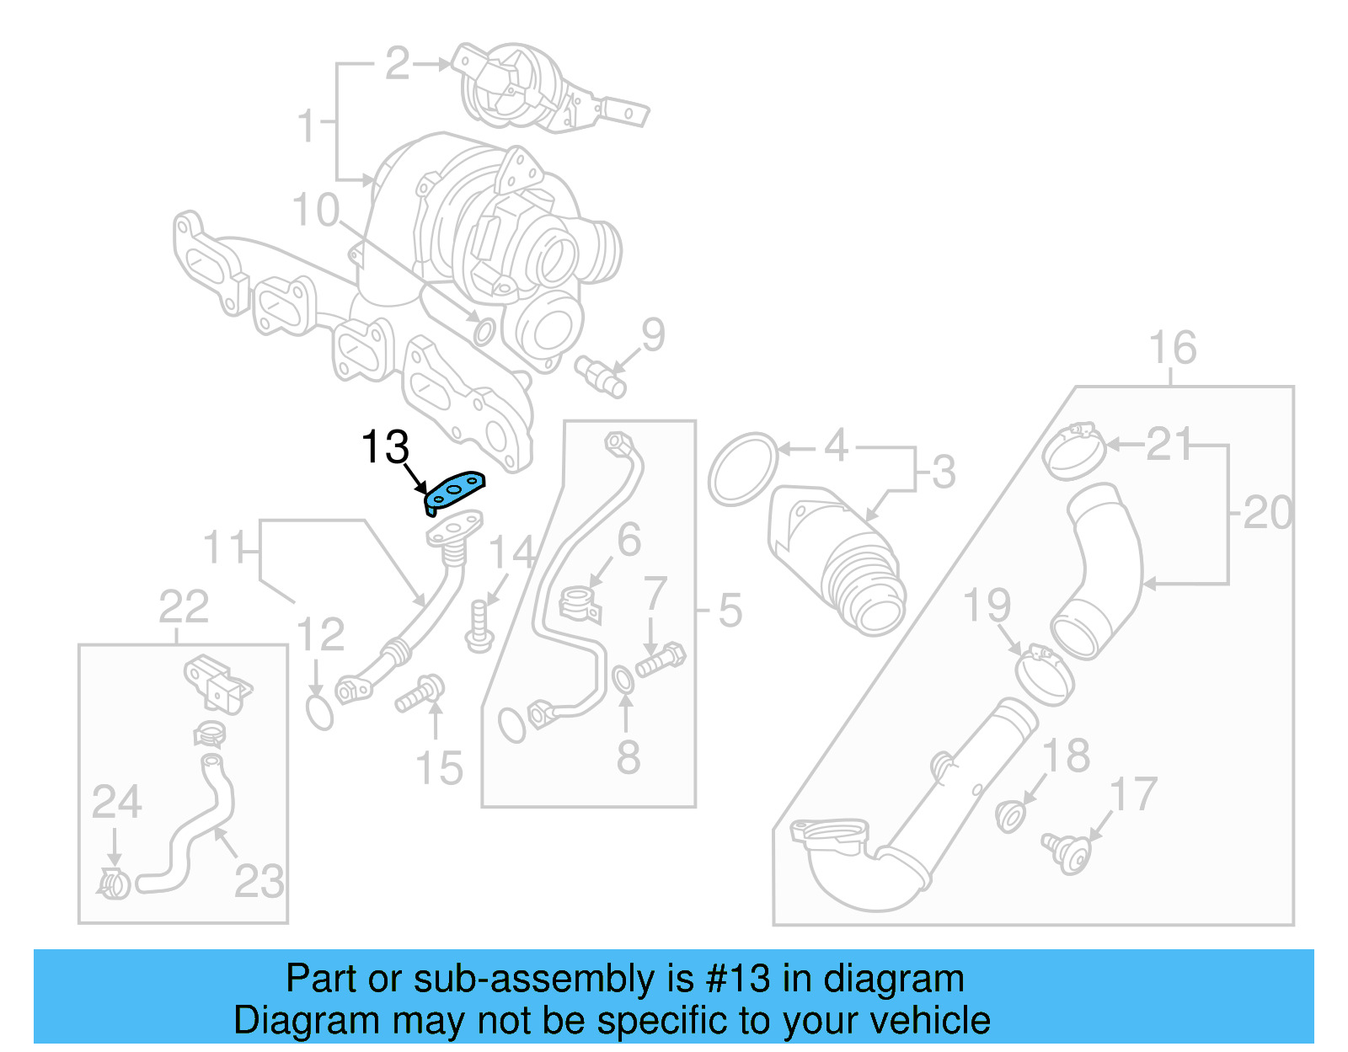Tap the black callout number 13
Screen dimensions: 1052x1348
point(385,447)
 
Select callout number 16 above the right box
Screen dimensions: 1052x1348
point(1172,348)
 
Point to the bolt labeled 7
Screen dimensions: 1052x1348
point(661,660)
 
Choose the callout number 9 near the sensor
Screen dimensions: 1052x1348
point(653,335)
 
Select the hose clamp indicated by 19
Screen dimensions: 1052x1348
point(1045,674)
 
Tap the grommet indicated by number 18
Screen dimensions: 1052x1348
point(1010,815)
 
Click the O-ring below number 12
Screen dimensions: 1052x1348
point(319,712)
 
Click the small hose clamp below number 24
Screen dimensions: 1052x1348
point(113,884)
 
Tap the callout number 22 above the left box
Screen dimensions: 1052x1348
point(184,606)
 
